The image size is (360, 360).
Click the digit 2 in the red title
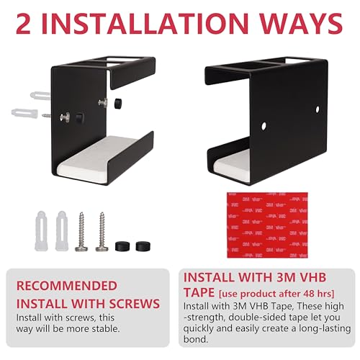(24, 24)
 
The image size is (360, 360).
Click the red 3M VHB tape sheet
(267, 225)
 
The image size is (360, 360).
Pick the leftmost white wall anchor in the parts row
(41, 231)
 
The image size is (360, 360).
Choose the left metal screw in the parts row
(81, 232)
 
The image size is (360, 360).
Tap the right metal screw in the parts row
(102, 232)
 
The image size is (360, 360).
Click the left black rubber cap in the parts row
(122, 246)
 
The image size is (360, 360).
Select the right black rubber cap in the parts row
(143, 246)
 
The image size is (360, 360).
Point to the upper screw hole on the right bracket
(318, 109)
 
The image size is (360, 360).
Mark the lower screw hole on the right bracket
(264, 126)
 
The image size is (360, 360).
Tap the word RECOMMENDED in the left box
(67, 286)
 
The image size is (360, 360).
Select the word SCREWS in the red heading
(135, 304)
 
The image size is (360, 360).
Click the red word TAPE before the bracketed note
(199, 292)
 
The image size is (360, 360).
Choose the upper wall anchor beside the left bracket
(40, 96)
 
